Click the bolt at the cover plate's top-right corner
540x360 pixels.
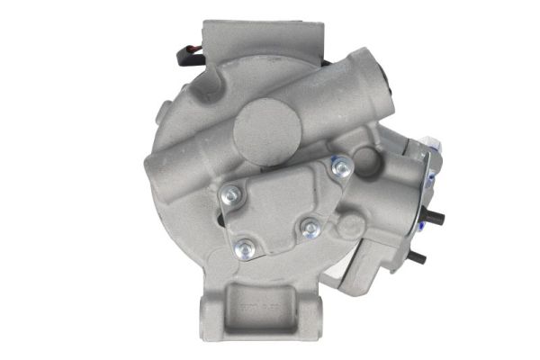(341, 166)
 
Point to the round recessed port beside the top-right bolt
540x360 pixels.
(365, 160)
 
